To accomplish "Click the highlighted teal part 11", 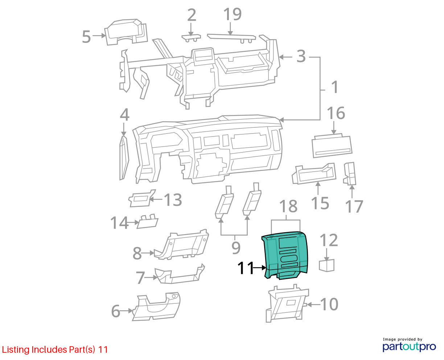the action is pos(285,255).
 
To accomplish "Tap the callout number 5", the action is pos(86,37).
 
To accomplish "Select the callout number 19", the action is pos(233,14).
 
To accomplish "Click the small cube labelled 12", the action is pos(326,265).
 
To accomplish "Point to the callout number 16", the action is pos(336,113).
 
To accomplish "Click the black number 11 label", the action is pos(246,268).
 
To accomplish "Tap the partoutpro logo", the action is pos(409,347).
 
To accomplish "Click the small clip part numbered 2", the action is pos(191,37).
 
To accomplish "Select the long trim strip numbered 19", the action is pos(231,38).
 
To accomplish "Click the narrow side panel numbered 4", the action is pos(124,158).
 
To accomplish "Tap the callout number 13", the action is pos(173,200).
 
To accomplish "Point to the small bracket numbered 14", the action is pos(147,221).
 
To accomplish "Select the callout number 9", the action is pos(236,248).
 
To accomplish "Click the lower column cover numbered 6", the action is pos(156,306).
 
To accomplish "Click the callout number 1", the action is pos(334,87).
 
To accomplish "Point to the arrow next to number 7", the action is pos(151,277).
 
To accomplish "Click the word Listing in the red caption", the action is pos(16,350).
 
